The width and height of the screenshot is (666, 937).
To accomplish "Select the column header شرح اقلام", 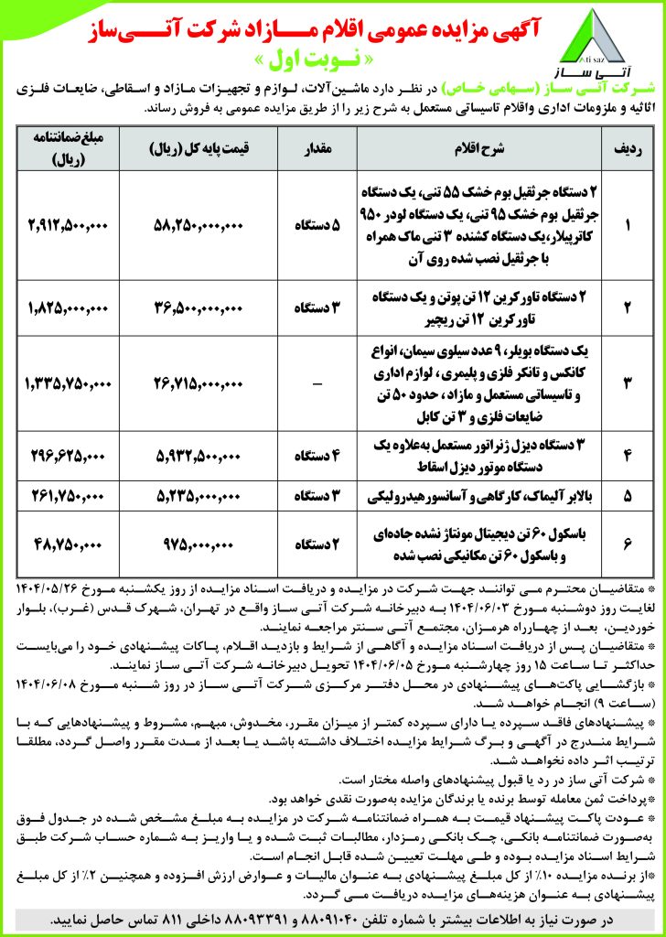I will click(x=474, y=147).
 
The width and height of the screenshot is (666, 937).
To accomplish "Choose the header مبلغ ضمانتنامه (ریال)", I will click(x=69, y=147).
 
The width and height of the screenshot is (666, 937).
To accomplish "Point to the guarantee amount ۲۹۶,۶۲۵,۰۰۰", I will click(x=69, y=455).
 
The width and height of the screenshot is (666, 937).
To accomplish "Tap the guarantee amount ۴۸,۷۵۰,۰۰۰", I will click(x=69, y=544).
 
